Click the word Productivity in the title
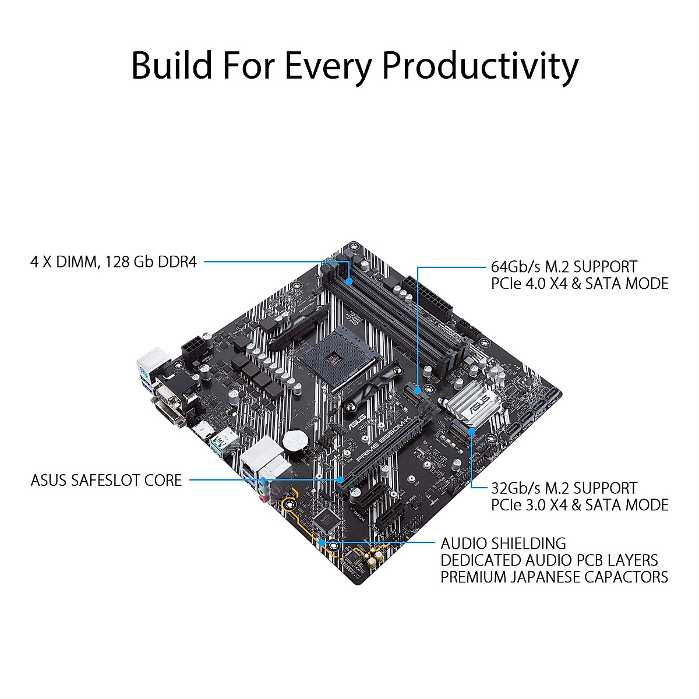click(479, 65)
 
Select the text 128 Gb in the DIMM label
click(132, 262)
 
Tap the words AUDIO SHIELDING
click(503, 543)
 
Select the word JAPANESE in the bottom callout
click(557, 577)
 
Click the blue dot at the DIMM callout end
click(348, 281)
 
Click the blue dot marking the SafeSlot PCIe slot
click(341, 480)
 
